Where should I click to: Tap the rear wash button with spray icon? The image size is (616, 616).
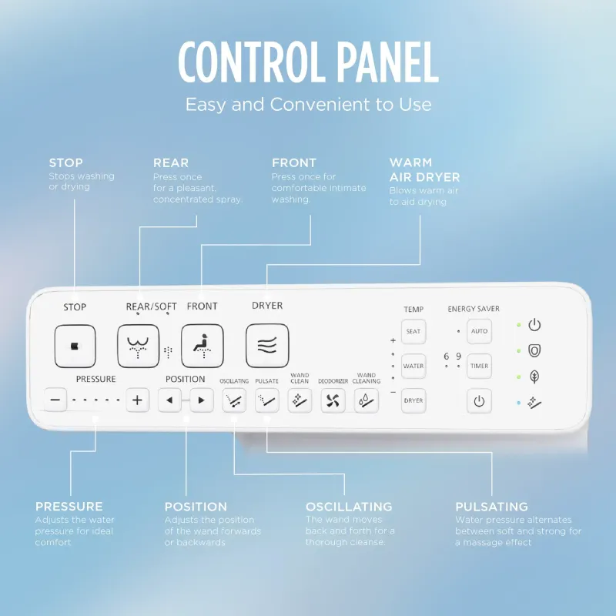coord(139,346)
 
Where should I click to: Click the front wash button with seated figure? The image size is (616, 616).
coord(203,346)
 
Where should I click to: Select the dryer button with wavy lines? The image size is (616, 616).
coord(267,346)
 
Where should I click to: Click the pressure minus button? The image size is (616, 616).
coord(55,400)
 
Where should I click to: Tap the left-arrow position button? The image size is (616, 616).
coord(169,400)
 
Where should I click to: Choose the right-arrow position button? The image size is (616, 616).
coord(202,400)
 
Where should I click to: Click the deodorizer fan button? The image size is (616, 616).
coord(333,400)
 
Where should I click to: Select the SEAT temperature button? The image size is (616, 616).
coord(413,332)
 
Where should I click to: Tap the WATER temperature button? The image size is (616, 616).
coord(413,367)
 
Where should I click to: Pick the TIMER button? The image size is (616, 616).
coord(479,367)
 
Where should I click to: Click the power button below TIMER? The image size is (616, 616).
coord(479,401)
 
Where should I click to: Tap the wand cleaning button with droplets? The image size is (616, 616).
coord(367,400)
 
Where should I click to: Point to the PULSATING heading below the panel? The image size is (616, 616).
coord(491,507)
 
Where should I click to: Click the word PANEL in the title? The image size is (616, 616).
coord(387,62)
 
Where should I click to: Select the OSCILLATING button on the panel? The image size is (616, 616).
coord(234,400)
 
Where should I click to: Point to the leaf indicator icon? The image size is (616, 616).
coord(534,377)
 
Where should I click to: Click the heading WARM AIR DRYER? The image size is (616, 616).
coord(424,169)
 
